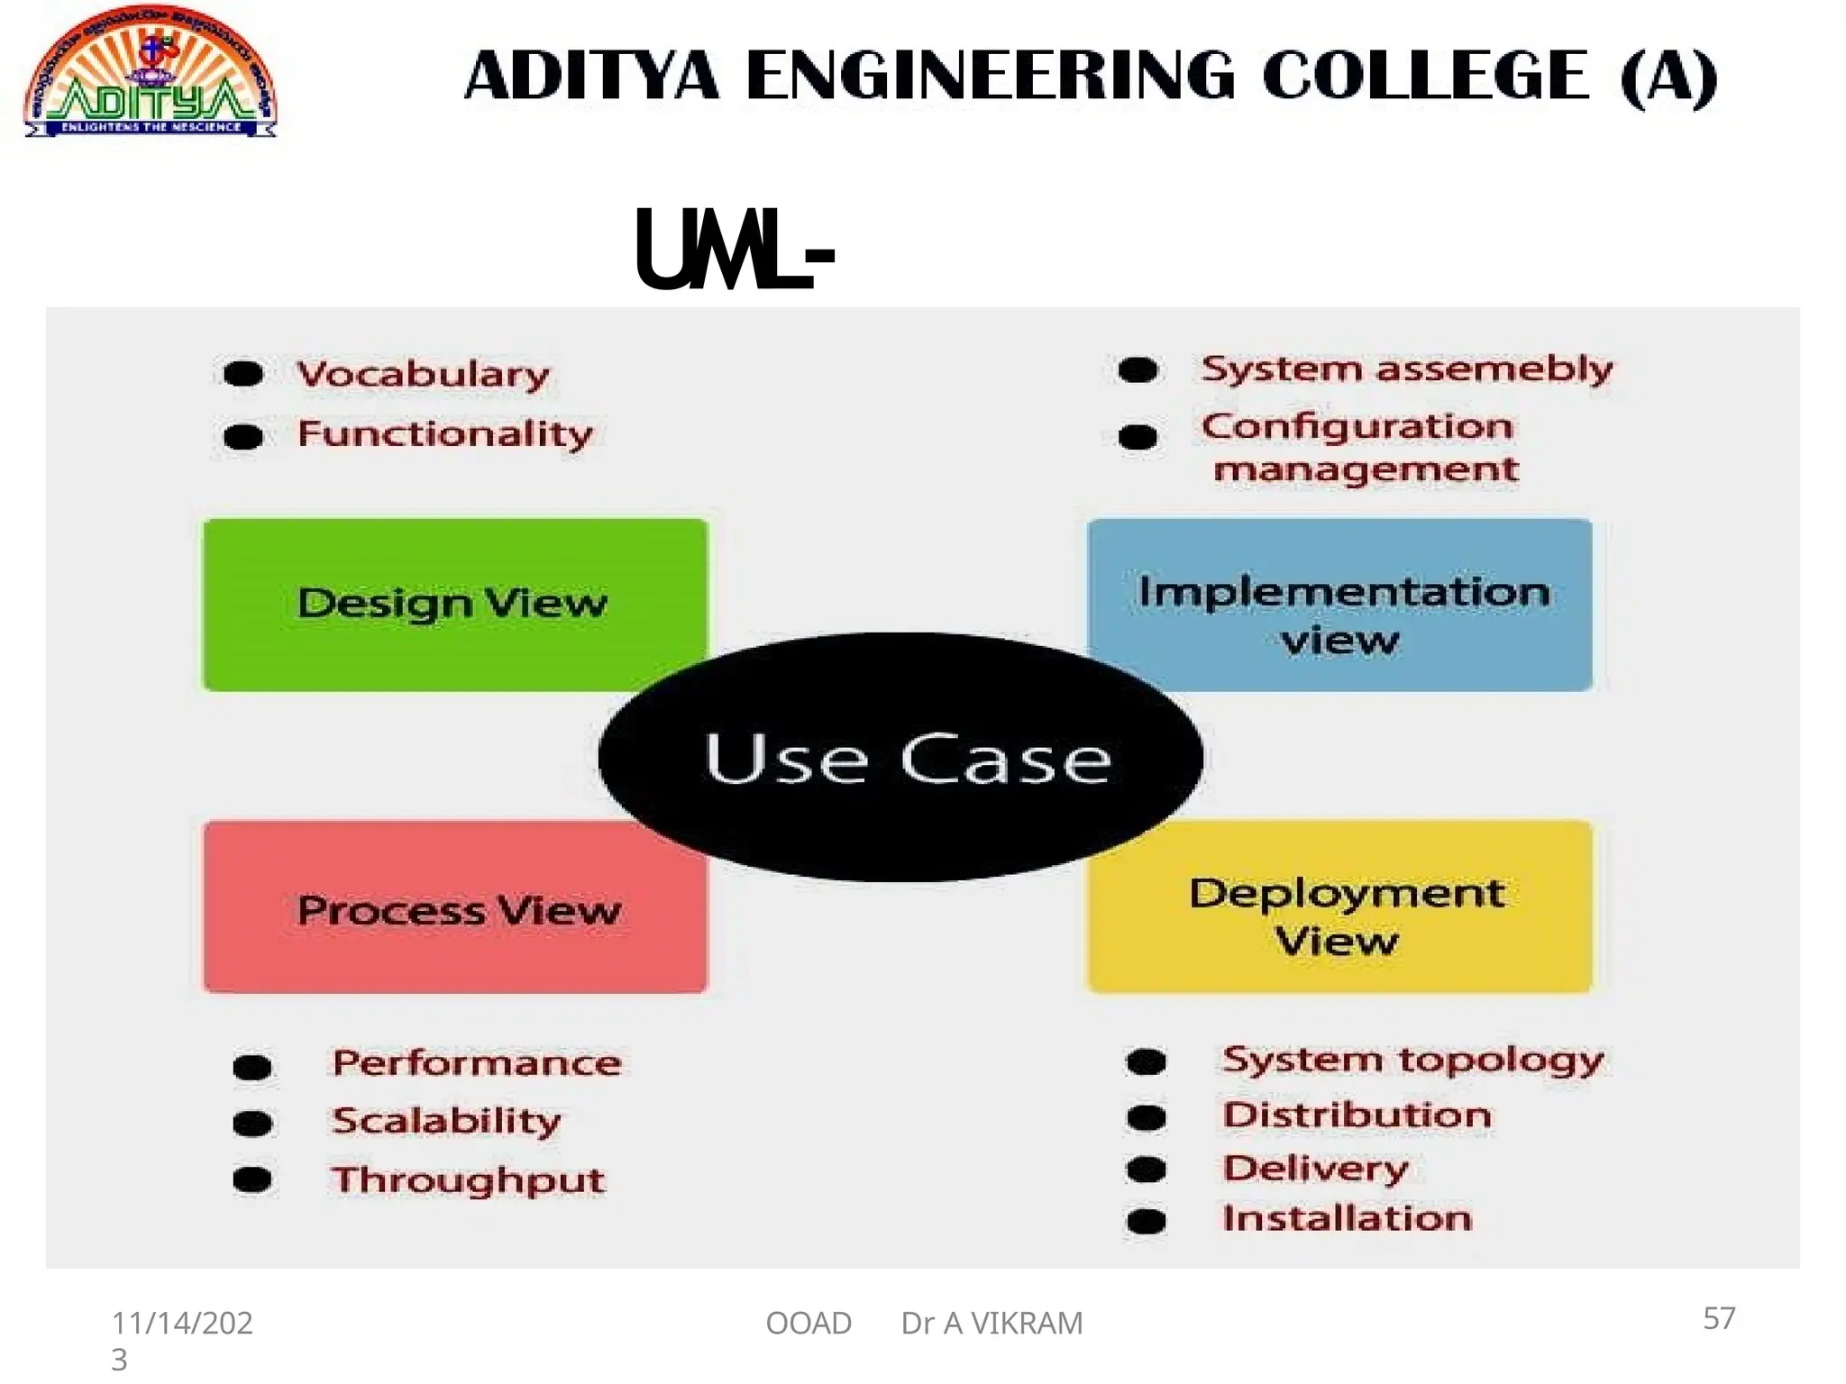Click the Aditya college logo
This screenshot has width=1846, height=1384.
[x=151, y=75]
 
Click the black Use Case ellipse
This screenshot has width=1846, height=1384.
[x=901, y=758]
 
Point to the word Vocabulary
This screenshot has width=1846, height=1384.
[x=423, y=374]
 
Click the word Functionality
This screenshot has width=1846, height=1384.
[x=445, y=434]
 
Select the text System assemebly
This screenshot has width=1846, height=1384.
[x=1407, y=369]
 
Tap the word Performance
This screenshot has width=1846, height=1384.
[x=477, y=1063]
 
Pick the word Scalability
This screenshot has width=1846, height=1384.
[x=446, y=1121]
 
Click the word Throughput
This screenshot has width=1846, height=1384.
[x=468, y=1180]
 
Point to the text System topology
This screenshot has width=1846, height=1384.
[x=1413, y=1061]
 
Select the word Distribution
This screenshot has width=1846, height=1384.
[x=1357, y=1115]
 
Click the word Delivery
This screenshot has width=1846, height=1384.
[x=1315, y=1169]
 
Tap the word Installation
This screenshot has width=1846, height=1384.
[x=1348, y=1218]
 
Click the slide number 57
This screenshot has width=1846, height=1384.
[x=1719, y=1318]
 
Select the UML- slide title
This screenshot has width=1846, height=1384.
[x=735, y=250]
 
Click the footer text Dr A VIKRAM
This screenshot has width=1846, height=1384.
[x=992, y=1323]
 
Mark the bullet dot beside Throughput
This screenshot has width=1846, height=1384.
[x=252, y=1179]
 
